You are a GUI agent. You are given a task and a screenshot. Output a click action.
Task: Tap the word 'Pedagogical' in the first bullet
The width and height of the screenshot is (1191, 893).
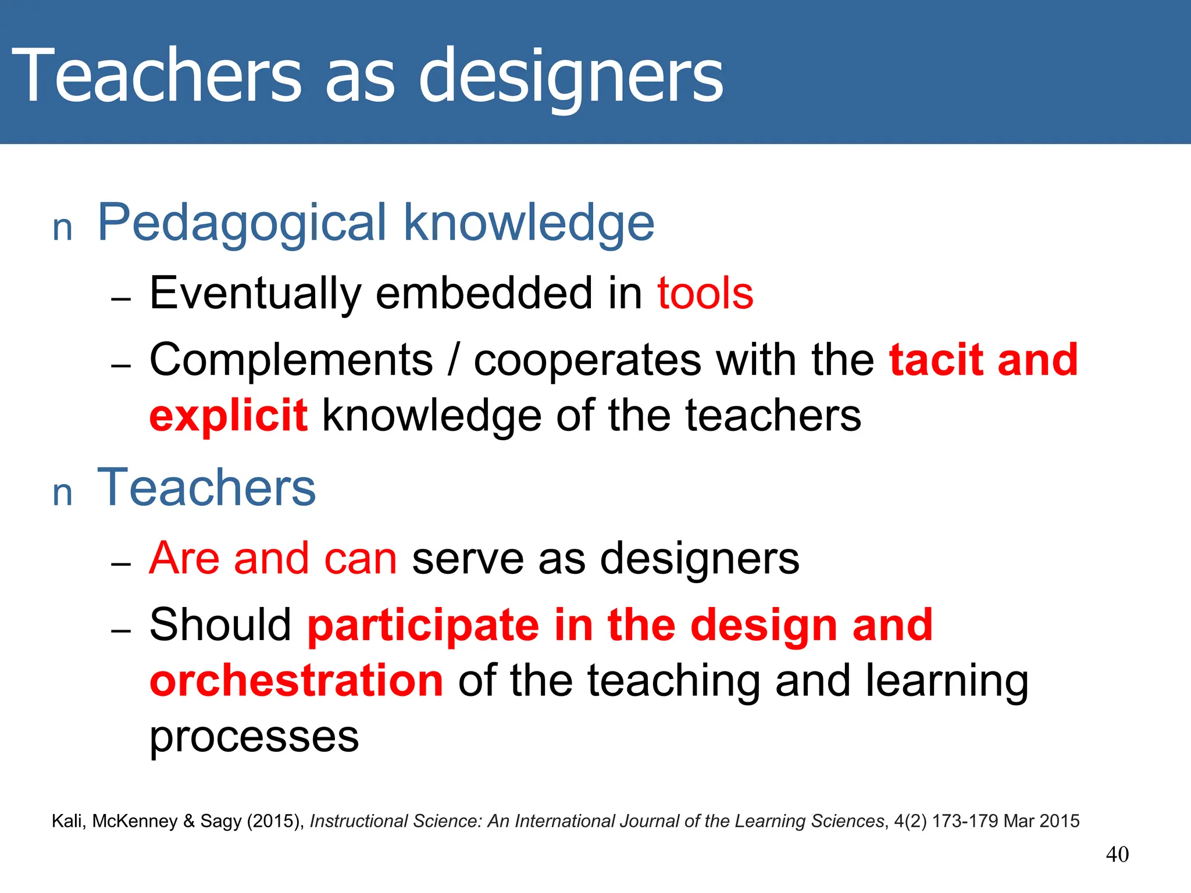[242, 223]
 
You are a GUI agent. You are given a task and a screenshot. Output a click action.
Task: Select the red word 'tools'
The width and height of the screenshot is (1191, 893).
[705, 293]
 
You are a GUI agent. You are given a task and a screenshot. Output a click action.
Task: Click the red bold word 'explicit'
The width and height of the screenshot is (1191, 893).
[229, 416]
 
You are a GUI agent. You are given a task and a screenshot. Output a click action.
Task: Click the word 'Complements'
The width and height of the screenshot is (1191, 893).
[291, 360]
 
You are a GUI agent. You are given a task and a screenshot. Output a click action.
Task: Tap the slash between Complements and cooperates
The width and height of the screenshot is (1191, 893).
[454, 360]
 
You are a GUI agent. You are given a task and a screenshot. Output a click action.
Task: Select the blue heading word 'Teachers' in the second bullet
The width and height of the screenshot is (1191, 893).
[206, 488]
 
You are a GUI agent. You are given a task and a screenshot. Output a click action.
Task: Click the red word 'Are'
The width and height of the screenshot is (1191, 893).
[184, 558]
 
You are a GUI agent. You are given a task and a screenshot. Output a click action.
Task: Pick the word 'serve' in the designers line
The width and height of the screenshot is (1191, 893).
[468, 558]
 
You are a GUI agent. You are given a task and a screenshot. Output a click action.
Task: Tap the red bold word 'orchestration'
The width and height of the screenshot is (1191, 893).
[297, 681]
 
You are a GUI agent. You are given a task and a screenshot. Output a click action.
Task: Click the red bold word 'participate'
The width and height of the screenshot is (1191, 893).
[423, 626]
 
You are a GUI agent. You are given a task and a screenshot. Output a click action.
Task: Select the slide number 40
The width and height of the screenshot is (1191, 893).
[1117, 855]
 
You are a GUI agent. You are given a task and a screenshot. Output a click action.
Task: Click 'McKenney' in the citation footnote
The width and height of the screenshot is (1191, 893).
[135, 821]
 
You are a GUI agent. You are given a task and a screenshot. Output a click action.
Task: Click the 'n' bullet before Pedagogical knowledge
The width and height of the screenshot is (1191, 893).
[62, 229]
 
